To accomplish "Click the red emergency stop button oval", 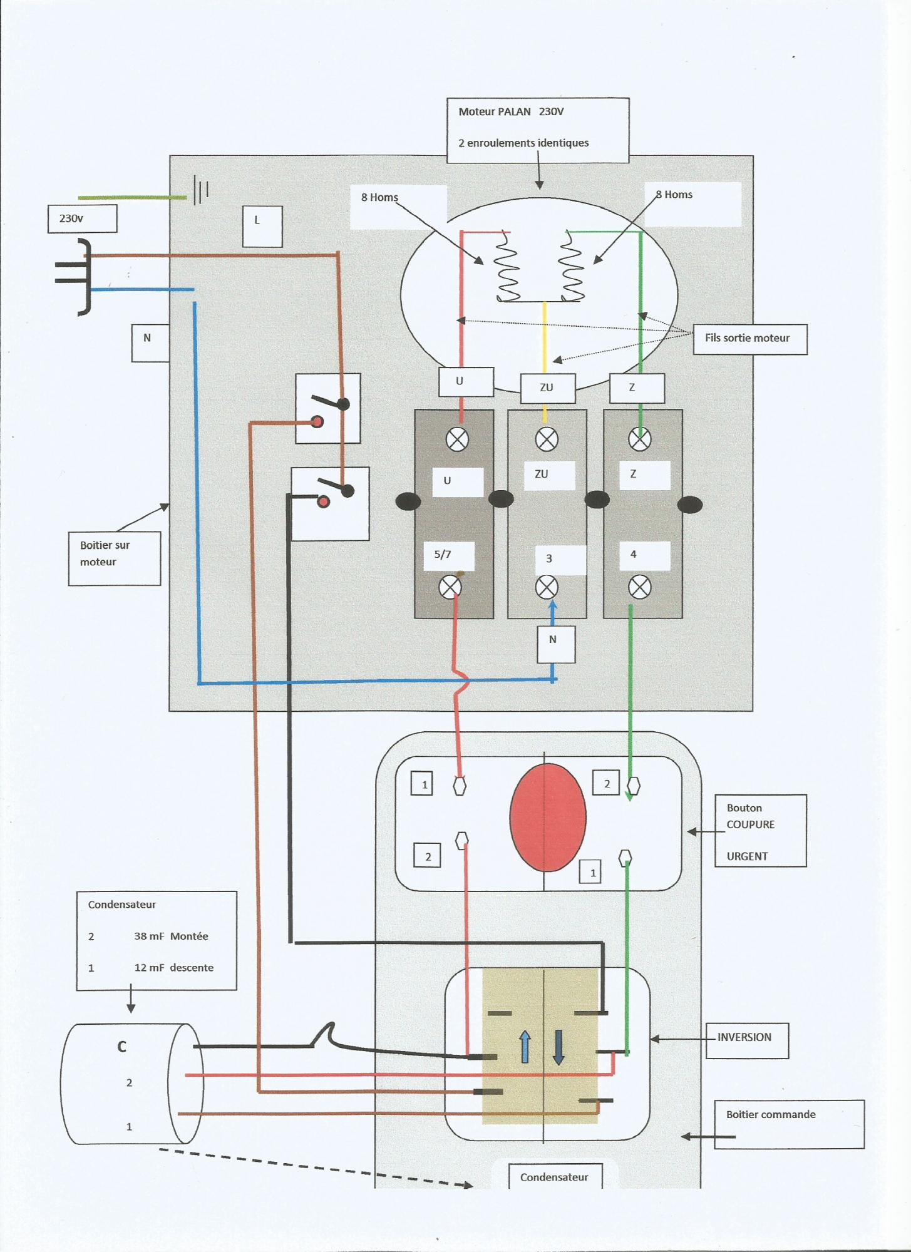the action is pyautogui.click(x=548, y=818).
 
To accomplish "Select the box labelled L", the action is pyautogui.click(x=262, y=226).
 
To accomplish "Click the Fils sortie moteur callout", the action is pyautogui.click(x=750, y=339).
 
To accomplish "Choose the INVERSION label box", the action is pyautogui.click(x=747, y=1040).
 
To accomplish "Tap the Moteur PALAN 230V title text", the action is pyautogui.click(x=511, y=111).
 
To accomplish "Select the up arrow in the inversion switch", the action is pyautogui.click(x=525, y=1047).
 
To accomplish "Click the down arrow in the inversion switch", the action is pyautogui.click(x=558, y=1047).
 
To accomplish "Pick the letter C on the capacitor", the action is pyautogui.click(x=121, y=1047).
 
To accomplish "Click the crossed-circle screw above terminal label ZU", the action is pyautogui.click(x=547, y=439).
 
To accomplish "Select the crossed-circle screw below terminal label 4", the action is pyautogui.click(x=639, y=588).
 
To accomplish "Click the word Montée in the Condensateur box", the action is pyautogui.click(x=189, y=936).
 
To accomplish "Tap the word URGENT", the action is pyautogui.click(x=747, y=856).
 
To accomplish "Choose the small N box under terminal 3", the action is pyautogui.click(x=556, y=644).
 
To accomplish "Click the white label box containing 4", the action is pyautogui.click(x=645, y=555).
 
